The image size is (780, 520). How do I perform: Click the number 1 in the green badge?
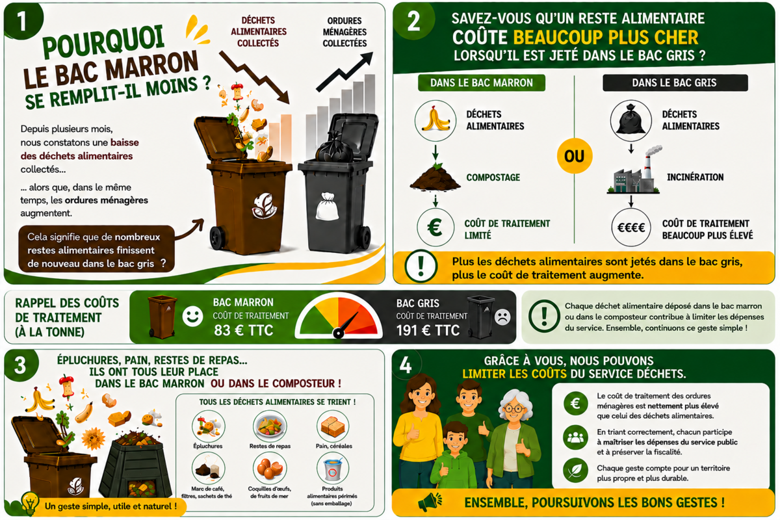(21, 21)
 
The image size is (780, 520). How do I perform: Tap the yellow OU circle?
(574, 156)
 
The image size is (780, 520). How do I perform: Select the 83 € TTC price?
(243, 330)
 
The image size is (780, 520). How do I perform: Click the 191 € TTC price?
(428, 330)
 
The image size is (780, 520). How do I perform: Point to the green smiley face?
(192, 317)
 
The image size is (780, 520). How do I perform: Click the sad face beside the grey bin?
(502, 317)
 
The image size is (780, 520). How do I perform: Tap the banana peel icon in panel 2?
(435, 120)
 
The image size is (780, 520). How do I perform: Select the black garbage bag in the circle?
(630, 120)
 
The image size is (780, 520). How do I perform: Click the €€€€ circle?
(631, 227)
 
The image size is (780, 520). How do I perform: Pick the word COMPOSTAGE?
(493, 177)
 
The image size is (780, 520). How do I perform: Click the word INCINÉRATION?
(695, 177)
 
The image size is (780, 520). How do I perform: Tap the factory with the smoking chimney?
(634, 171)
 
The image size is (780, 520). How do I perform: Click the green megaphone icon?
(430, 502)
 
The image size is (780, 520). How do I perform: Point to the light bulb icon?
(31, 503)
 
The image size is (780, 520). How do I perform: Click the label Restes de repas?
(270, 446)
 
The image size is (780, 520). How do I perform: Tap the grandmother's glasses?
(513, 409)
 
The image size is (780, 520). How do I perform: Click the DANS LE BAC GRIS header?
(675, 83)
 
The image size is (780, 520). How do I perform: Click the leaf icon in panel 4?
(575, 471)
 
